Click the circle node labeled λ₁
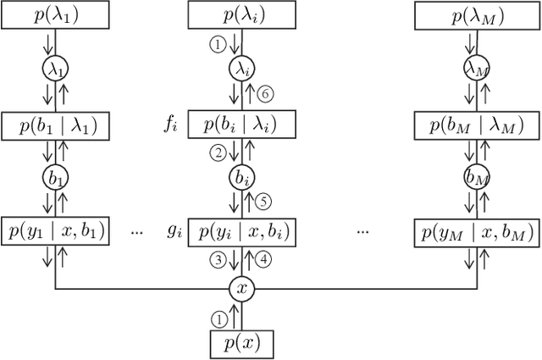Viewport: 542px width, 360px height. (55, 68)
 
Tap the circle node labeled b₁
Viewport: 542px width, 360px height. (55, 179)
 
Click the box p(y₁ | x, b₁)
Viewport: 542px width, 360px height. (55, 232)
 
